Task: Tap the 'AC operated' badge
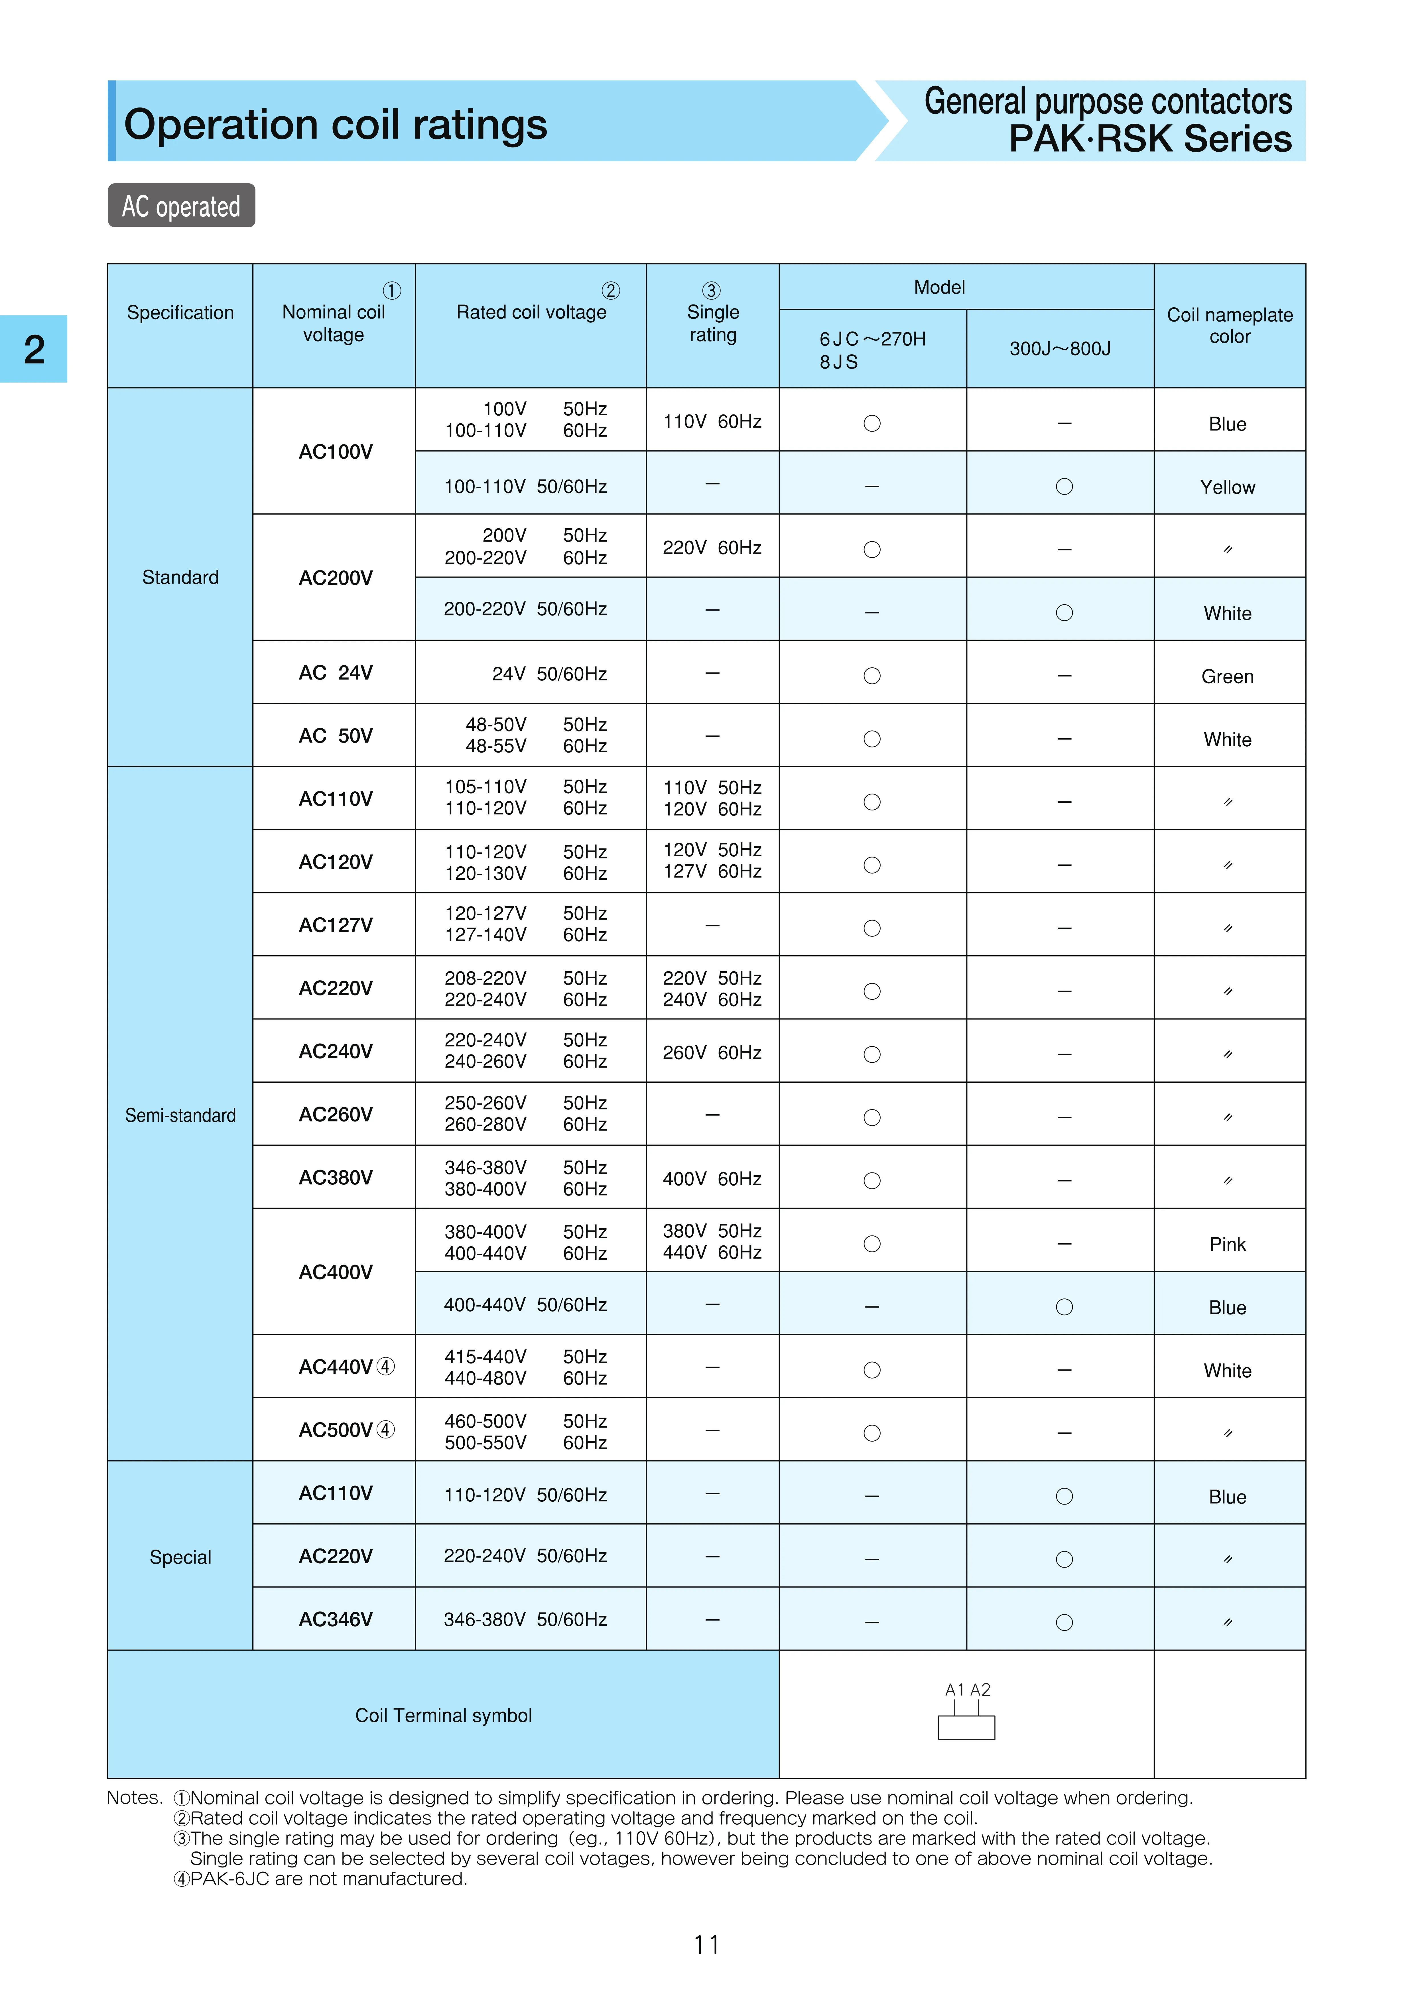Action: point(181,206)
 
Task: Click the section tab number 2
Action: point(34,349)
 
